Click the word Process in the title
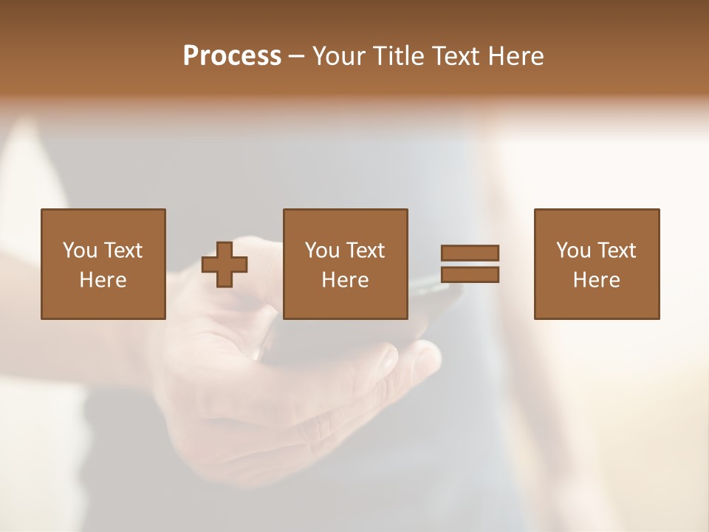(232, 56)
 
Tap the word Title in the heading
(400, 56)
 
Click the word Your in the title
(340, 56)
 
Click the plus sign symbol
(225, 265)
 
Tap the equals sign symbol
(470, 265)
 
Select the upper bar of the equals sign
(470, 253)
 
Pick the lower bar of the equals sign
(470, 275)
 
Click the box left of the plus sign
(103, 264)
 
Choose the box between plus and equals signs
(345, 264)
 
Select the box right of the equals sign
(596, 264)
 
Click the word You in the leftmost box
(80, 250)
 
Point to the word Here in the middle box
(345, 280)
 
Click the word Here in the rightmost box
(596, 280)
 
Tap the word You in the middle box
(322, 250)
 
